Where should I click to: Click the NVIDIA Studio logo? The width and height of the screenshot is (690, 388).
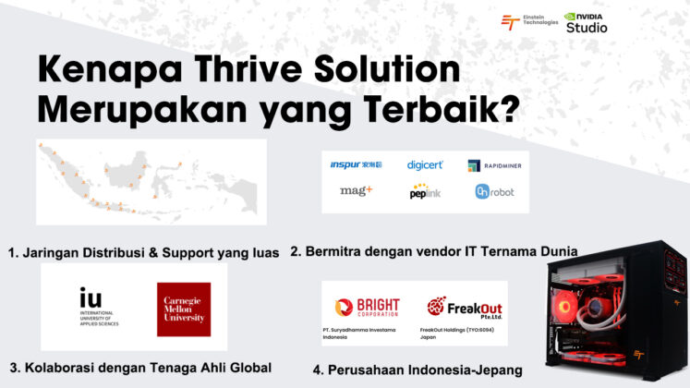(586, 21)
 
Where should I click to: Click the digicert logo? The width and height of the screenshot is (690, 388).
(425, 164)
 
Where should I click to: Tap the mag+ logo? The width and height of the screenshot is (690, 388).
(357, 191)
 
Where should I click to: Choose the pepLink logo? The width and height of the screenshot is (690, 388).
(425, 192)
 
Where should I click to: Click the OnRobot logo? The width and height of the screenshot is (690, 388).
(494, 191)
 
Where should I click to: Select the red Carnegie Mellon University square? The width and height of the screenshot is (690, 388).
(183, 309)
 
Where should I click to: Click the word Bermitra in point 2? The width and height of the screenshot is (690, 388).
(336, 250)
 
